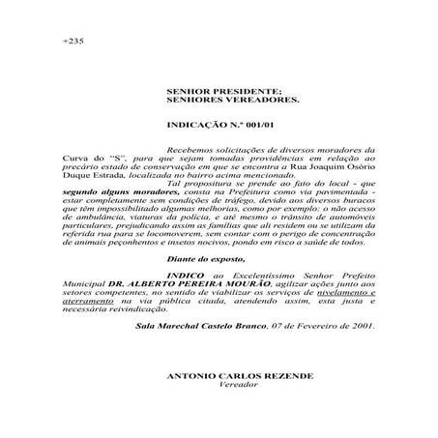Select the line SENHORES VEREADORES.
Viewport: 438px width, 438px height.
click(219, 99)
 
